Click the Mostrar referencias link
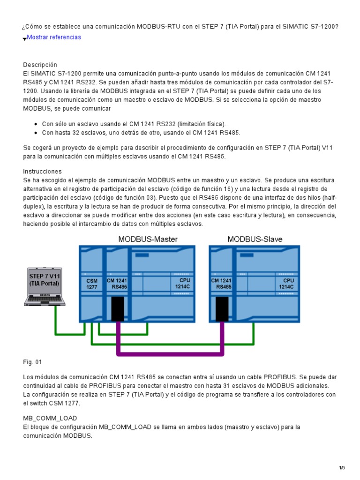pyautogui.click(x=54, y=37)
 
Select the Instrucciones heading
pyautogui.click(x=42, y=172)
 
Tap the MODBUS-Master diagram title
pyautogui.click(x=148, y=240)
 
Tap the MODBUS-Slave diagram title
pyautogui.click(x=255, y=240)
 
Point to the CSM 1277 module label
pyautogui.click(x=92, y=284)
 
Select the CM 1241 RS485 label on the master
pyautogui.click(x=117, y=284)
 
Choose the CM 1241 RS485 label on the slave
pyautogui.click(x=221, y=284)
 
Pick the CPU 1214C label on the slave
pyautogui.click(x=286, y=284)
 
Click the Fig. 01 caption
pyautogui.click(x=32, y=362)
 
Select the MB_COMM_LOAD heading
pyautogui.click(x=50, y=418)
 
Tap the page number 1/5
pyautogui.click(x=342, y=468)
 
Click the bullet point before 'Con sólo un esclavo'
pyautogui.click(x=36, y=124)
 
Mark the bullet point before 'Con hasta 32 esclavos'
pyautogui.click(x=36, y=133)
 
